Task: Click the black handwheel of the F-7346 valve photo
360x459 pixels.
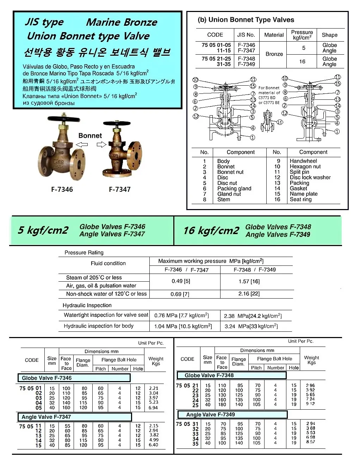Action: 59,119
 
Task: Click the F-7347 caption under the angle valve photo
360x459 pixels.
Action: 120,189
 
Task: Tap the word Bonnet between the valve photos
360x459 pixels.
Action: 90,136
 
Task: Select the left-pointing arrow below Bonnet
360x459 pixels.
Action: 82,144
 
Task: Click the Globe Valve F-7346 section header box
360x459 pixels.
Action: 74,378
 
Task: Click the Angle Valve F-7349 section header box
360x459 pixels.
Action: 232,415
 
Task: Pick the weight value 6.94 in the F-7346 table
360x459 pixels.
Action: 153,408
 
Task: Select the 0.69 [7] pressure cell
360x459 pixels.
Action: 180,294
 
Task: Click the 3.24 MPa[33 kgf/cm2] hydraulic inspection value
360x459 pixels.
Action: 251,326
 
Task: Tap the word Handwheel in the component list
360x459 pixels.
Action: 303,161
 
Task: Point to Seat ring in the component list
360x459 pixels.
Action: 300,199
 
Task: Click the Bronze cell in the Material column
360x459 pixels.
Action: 274,54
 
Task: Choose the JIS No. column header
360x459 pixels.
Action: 246,35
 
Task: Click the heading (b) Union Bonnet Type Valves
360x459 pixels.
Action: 246,20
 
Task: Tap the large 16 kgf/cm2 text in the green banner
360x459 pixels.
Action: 211,231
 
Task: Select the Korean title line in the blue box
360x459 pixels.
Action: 97,52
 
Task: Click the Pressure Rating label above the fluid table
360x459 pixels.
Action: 84,252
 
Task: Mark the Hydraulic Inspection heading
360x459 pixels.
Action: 87,305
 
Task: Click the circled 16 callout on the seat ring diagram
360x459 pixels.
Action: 280,122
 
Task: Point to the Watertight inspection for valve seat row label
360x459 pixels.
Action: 106,315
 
